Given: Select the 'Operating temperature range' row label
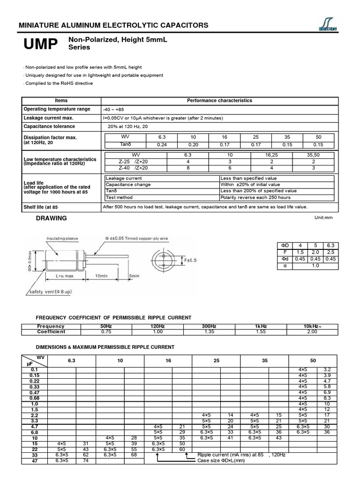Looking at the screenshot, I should coord(57,109).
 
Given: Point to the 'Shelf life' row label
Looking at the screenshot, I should coord(41,207).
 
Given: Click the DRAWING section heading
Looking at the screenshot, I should coord(52,218).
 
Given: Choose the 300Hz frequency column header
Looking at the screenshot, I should coord(202,326).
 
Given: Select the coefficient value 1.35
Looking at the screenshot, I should coord(202,332).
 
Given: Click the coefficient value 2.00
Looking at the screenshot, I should coord(312,332).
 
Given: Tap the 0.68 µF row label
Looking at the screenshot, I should coord(35,398).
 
